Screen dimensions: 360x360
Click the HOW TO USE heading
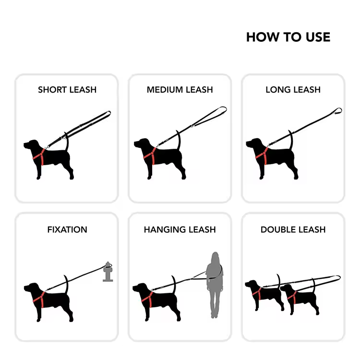pyautogui.click(x=288, y=37)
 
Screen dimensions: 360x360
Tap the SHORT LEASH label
pyautogui.click(x=67, y=90)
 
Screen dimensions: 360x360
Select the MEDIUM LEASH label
pyautogui.click(x=180, y=90)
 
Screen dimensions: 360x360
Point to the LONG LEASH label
pyautogui.click(x=293, y=90)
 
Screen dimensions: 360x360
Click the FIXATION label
pyautogui.click(x=67, y=229)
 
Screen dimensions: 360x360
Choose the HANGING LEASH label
pyautogui.click(x=180, y=229)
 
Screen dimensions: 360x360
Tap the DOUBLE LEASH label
pyautogui.click(x=293, y=229)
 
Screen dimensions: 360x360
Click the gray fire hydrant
pyautogui.click(x=108, y=272)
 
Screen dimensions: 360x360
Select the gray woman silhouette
pyautogui.click(x=215, y=285)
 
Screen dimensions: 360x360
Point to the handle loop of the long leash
pyautogui.click(x=337, y=111)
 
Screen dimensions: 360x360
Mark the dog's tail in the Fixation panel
pyautogui.click(x=67, y=284)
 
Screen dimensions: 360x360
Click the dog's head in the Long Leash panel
pyautogui.click(x=254, y=144)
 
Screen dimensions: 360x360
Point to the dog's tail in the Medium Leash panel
pyautogui.click(x=179, y=140)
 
